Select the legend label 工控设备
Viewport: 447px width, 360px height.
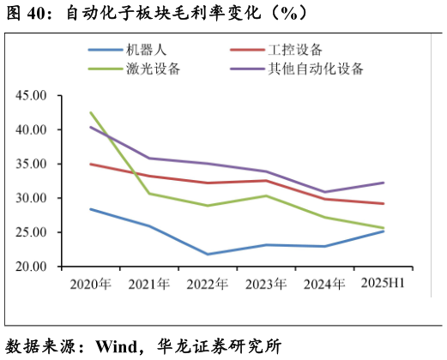point(297,51)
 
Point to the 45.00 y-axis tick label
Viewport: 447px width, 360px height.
point(33,95)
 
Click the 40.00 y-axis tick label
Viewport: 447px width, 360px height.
point(33,129)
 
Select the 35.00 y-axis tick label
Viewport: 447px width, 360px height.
point(33,164)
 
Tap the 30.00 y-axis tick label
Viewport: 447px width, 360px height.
point(33,198)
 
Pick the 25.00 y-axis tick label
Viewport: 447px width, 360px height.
point(33,232)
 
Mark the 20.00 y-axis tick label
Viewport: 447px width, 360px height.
point(33,267)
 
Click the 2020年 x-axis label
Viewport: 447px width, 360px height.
point(91,283)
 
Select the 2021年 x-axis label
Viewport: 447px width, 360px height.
point(149,283)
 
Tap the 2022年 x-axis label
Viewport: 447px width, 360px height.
point(208,283)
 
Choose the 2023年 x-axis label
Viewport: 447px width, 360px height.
point(266,283)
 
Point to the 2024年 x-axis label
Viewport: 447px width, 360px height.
point(324,283)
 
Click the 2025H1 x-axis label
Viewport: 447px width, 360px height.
point(383,282)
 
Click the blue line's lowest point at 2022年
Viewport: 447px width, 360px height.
point(208,254)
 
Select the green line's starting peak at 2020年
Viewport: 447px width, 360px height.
point(91,112)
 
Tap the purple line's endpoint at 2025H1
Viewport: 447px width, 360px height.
point(384,183)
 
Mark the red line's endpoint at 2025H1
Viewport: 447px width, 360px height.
point(384,203)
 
